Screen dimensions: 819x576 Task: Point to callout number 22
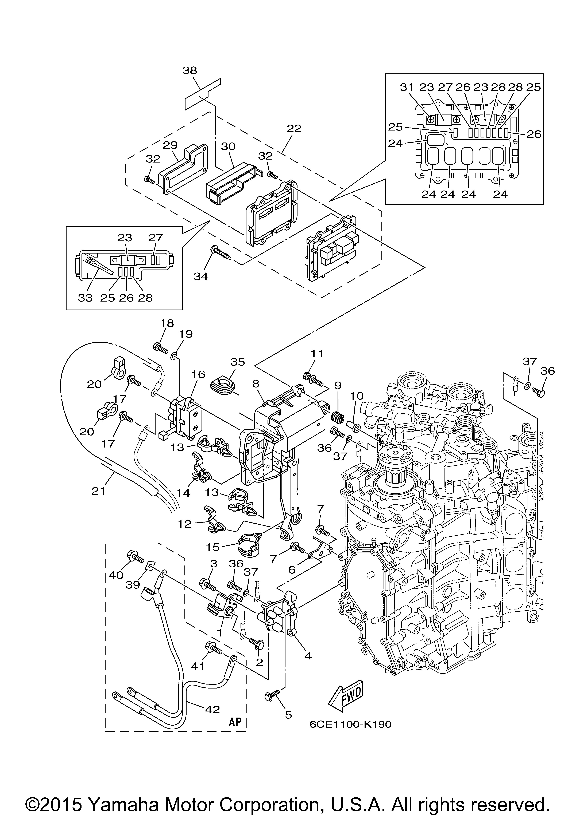click(294, 128)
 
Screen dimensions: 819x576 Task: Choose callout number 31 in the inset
click(406, 87)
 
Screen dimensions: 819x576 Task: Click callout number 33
click(85, 298)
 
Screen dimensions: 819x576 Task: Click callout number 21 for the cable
click(98, 491)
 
